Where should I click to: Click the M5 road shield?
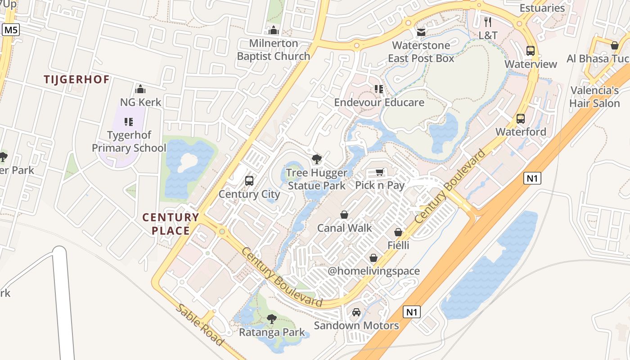point(11,30)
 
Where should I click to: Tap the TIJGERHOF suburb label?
point(76,80)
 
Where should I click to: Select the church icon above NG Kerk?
point(140,89)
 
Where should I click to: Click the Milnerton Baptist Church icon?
point(273,31)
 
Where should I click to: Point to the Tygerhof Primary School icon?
point(129,122)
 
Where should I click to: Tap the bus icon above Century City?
point(249,181)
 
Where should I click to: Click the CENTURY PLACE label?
point(171,224)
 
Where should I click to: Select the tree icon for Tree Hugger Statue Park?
point(317,159)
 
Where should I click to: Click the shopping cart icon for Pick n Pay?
point(380,172)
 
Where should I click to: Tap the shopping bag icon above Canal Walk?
point(344,215)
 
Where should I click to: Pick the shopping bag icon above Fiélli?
point(398,232)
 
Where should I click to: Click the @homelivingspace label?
point(373,271)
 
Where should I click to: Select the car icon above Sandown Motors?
point(356,312)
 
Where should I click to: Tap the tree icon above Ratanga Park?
point(271,319)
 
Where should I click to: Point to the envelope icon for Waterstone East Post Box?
point(421,32)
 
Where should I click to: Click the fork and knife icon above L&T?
point(488,22)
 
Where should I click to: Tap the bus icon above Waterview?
point(531,51)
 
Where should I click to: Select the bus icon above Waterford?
point(521,119)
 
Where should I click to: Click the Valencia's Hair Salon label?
point(594,97)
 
